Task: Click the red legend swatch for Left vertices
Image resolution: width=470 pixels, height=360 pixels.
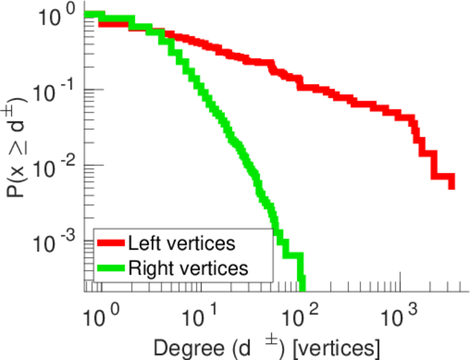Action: coord(111,244)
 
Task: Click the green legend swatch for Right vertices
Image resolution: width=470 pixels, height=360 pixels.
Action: coord(111,268)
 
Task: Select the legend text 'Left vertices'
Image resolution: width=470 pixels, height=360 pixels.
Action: coord(180,244)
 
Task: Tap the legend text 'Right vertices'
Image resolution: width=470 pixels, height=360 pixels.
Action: coord(188,268)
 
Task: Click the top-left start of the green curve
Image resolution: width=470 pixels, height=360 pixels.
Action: coord(88,14)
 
